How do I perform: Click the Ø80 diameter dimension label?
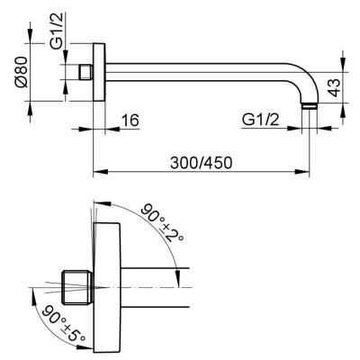[x=22, y=72]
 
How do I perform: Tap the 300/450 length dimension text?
[x=201, y=163]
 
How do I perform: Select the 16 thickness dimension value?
[x=130, y=121]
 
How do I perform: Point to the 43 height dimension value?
[x=334, y=87]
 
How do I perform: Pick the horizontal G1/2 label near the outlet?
[x=260, y=121]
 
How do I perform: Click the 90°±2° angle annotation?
[x=161, y=222]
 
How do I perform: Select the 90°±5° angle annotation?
[x=64, y=323]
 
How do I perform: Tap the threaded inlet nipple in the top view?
[x=85, y=72]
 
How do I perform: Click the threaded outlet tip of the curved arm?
[x=309, y=106]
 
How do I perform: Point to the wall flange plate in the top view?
[x=99, y=72]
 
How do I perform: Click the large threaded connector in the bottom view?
[x=78, y=287]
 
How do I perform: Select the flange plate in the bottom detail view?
[x=107, y=287]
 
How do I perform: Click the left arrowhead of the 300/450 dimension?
[x=101, y=172]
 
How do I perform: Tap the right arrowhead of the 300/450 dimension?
[x=301, y=172]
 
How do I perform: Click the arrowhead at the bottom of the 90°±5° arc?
[x=85, y=347]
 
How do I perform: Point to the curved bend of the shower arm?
[x=303, y=80]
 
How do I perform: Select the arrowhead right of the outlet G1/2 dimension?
[x=324, y=128]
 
